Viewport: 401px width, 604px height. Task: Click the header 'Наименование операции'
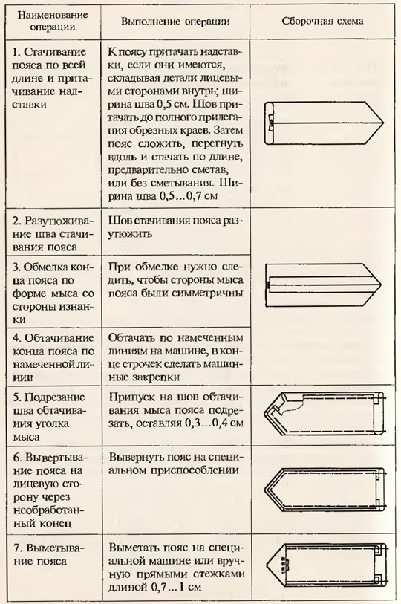[53, 21]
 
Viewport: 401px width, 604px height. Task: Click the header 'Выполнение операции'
[175, 22]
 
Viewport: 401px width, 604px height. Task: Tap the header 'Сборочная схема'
[322, 21]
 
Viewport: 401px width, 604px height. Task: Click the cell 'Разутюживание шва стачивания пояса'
[53, 234]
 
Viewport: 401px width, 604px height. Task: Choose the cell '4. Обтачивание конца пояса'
[53, 357]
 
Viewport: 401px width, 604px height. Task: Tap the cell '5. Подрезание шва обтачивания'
[49, 417]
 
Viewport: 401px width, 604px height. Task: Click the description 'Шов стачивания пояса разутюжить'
[175, 227]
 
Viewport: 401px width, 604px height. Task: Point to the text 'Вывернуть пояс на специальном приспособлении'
[175, 464]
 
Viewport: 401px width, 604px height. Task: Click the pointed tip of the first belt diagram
[384, 123]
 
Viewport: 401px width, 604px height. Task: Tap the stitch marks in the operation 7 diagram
[284, 565]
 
